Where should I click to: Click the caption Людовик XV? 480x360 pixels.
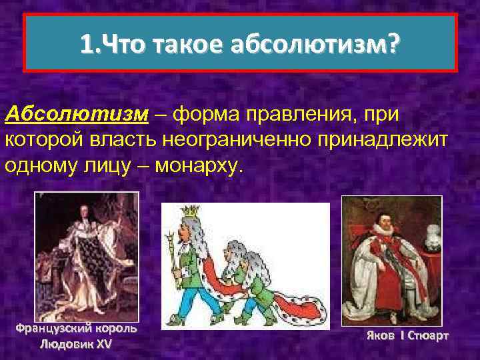pyautogui.click(x=76, y=344)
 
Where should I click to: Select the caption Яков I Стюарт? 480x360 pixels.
pyautogui.click(x=407, y=335)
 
